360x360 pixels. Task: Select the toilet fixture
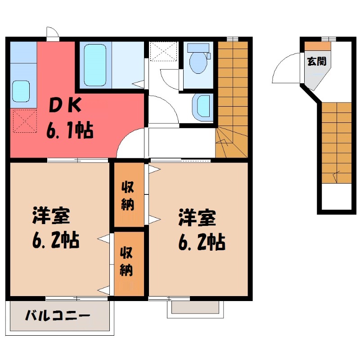pyautogui.click(x=198, y=58)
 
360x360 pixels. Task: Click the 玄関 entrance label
pyautogui.click(x=317, y=61)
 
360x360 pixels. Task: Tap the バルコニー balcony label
pyautogui.click(x=57, y=315)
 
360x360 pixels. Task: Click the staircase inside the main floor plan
pyautogui.click(x=232, y=99)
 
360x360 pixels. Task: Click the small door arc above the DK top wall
pyautogui.click(x=53, y=33)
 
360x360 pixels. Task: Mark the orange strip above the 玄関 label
pyautogui.click(x=317, y=46)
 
